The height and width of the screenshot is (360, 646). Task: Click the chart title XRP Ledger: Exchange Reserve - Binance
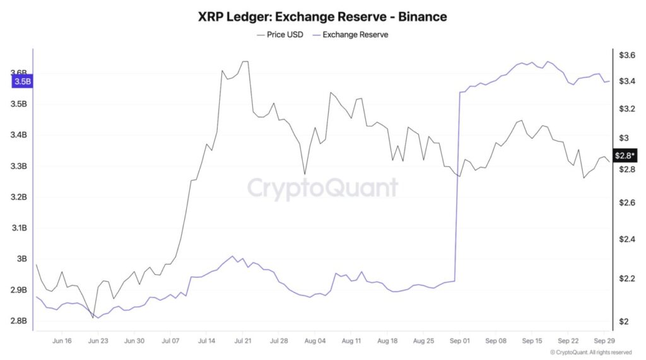pyautogui.click(x=322, y=17)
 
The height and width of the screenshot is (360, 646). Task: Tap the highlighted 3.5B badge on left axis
pyautogui.click(x=21, y=81)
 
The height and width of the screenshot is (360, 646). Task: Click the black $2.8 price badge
pyautogui.click(x=624, y=155)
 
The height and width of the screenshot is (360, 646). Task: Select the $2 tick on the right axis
pyautogui.click(x=625, y=322)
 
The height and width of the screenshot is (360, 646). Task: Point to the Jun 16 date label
pyautogui.click(x=62, y=340)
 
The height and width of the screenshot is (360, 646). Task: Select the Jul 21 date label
pyautogui.click(x=243, y=340)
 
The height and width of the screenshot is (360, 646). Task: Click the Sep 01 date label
pyautogui.click(x=460, y=340)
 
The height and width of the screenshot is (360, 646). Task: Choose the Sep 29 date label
pyautogui.click(x=604, y=340)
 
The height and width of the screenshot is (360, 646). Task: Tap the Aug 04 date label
pyautogui.click(x=315, y=340)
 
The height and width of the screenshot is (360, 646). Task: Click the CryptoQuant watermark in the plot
pyautogui.click(x=322, y=188)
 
